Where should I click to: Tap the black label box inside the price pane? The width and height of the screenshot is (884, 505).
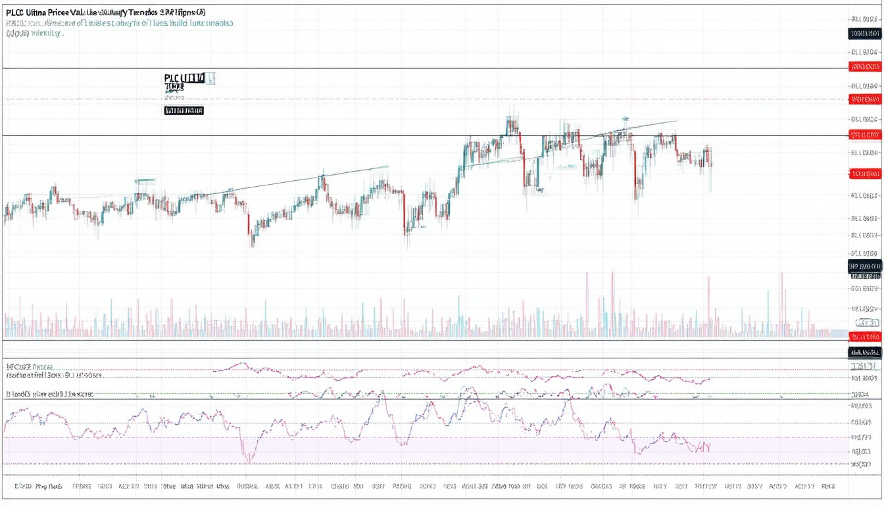click(184, 110)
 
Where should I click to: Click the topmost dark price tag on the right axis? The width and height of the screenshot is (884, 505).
click(864, 34)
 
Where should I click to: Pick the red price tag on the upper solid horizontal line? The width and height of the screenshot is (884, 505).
click(864, 66)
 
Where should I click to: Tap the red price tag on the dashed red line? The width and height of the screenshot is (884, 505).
click(864, 99)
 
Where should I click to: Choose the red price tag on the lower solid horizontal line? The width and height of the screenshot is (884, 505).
click(864, 135)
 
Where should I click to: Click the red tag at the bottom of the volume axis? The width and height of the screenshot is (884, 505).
click(864, 337)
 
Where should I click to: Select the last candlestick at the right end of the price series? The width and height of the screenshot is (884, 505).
click(710, 158)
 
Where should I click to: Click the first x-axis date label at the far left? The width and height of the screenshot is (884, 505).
click(23, 487)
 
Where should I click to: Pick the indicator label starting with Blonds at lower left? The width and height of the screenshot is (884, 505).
click(49, 394)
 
